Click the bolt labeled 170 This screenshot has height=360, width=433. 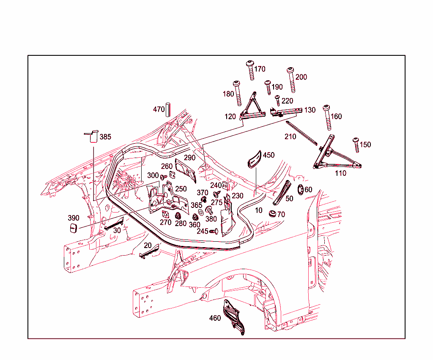(250, 70)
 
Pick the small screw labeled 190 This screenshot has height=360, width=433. (268, 87)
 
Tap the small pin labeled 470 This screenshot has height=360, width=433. (167, 109)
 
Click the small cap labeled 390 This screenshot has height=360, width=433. (74, 228)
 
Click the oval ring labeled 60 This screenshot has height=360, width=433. (301, 189)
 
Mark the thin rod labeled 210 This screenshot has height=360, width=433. (301, 133)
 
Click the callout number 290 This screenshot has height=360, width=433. (189, 158)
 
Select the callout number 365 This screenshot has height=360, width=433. (196, 205)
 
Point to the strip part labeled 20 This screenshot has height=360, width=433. (149, 251)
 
